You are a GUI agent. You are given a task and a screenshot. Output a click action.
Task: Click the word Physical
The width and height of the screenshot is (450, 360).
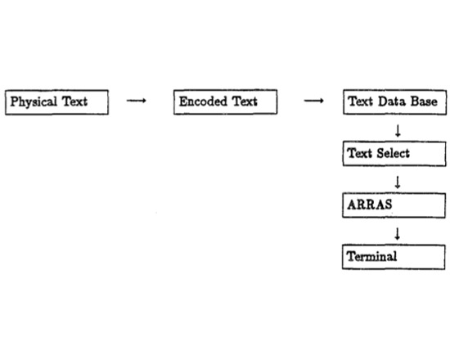pyautogui.click(x=34, y=102)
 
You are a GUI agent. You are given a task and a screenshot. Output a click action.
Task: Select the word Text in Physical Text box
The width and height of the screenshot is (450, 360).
pyautogui.click(x=74, y=101)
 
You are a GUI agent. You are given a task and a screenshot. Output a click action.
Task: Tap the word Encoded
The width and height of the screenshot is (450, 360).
pyautogui.click(x=203, y=101)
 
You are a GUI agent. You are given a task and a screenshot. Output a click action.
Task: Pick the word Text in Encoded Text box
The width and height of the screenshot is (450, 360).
pyautogui.click(x=245, y=101)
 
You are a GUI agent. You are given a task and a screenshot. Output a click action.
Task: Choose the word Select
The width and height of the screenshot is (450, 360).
pyautogui.click(x=394, y=153)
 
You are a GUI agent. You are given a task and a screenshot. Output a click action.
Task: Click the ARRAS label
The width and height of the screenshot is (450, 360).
pyautogui.click(x=370, y=205)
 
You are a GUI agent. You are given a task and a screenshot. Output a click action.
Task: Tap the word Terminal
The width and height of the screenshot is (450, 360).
pyautogui.click(x=371, y=256)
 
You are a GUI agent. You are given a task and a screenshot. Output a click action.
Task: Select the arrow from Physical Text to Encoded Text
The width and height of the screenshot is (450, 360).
pyautogui.click(x=137, y=101)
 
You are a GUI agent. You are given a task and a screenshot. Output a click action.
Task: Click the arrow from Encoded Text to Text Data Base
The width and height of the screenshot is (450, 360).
pyautogui.click(x=313, y=101)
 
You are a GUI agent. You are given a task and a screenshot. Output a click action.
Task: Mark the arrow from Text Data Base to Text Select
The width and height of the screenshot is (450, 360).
pyautogui.click(x=398, y=131)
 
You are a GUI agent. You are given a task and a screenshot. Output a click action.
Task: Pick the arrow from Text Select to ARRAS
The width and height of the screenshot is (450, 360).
pyautogui.click(x=398, y=182)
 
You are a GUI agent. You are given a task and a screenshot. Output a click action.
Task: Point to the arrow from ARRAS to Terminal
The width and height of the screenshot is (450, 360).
pyautogui.click(x=397, y=234)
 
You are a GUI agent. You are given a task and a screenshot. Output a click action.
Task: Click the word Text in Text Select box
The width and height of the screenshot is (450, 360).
pyautogui.click(x=360, y=153)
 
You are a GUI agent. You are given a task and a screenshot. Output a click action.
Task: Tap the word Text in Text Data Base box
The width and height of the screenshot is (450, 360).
pyautogui.click(x=361, y=101)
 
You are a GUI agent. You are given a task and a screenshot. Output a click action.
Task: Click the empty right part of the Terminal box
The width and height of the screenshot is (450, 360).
pyautogui.click(x=421, y=257)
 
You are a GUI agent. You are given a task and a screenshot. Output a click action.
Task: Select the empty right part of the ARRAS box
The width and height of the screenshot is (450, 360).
pyautogui.click(x=418, y=205)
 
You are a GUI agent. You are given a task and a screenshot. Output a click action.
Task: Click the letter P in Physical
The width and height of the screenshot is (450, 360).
pyautogui.click(x=15, y=101)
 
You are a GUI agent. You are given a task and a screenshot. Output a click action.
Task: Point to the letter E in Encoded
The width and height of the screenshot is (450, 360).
pyautogui.click(x=183, y=101)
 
